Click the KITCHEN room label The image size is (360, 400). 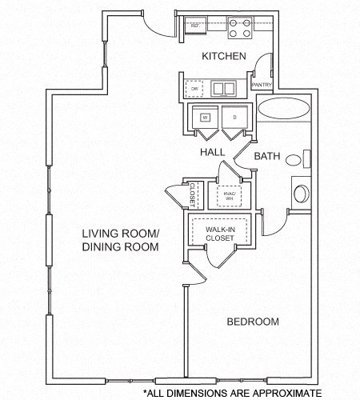(223, 57)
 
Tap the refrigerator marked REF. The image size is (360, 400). (194, 26)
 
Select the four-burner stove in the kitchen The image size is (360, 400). (239, 28)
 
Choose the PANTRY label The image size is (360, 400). (262, 84)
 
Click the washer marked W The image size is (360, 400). (205, 118)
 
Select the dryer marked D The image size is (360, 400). (235, 118)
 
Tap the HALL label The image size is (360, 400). (211, 150)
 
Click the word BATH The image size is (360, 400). (266, 157)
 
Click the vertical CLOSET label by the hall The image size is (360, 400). (193, 195)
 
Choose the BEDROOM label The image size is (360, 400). (253, 322)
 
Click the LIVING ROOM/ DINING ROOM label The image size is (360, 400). (121, 240)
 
